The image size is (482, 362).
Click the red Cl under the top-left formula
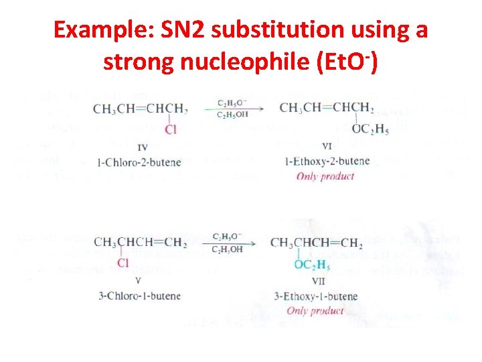(171, 129)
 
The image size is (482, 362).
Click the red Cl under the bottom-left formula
(123, 263)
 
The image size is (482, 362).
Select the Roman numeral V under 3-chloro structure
(137, 280)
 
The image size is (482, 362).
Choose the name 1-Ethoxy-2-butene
(328, 162)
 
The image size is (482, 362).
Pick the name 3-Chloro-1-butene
(137, 296)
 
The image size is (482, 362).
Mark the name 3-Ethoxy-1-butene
(316, 296)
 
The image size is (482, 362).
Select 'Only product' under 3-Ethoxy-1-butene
(315, 310)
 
